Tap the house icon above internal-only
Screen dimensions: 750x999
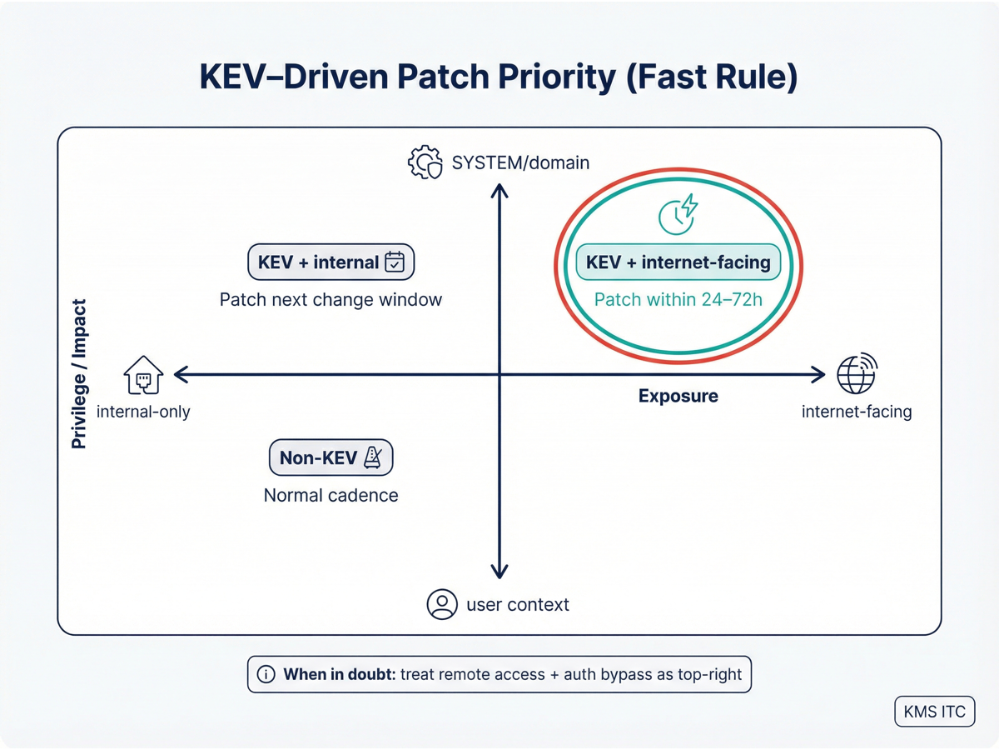click(143, 374)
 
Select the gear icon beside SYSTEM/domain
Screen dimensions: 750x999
click(425, 162)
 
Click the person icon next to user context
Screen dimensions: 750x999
click(442, 604)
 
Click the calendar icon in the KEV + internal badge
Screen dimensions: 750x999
click(395, 262)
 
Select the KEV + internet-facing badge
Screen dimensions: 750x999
click(678, 262)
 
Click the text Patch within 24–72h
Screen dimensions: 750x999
click(678, 299)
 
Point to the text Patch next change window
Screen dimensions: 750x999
click(331, 299)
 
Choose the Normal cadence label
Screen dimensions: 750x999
click(331, 495)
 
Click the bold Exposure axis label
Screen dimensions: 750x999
click(678, 396)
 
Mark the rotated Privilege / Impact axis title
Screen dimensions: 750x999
click(79, 375)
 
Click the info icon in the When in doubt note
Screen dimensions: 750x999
click(266, 674)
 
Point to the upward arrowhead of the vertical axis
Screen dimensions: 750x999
click(499, 192)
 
